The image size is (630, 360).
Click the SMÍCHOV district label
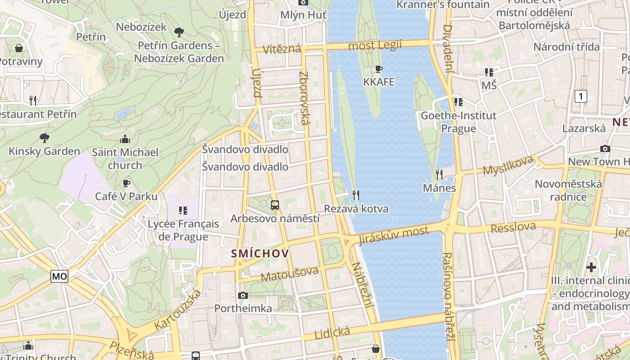(x=260, y=254)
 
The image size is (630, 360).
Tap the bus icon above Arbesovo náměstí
(x=275, y=205)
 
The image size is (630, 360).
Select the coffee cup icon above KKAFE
(x=379, y=69)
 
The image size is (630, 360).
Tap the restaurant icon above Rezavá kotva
(x=356, y=195)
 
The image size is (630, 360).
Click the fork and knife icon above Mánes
(x=439, y=174)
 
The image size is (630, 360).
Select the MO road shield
(x=59, y=276)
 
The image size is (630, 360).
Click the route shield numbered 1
(x=581, y=96)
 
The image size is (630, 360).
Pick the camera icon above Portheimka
(x=243, y=295)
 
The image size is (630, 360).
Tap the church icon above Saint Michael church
(x=125, y=139)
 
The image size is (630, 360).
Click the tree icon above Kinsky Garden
(x=44, y=138)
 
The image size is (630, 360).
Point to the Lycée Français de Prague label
(x=183, y=230)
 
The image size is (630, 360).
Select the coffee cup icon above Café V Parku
(x=126, y=183)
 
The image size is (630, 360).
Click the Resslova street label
(x=513, y=227)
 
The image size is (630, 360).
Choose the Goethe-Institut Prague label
(x=459, y=122)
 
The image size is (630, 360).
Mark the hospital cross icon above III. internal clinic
(x=591, y=267)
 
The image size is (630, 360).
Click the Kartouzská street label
(x=177, y=310)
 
